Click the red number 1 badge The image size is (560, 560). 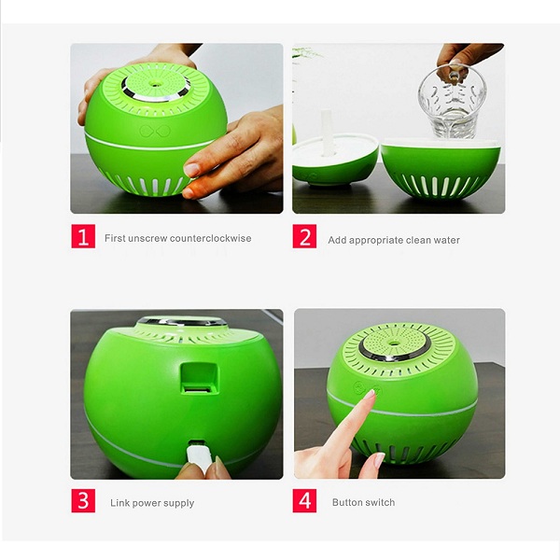(x=83, y=237)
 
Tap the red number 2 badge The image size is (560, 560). (x=304, y=237)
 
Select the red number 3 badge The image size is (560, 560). (x=83, y=501)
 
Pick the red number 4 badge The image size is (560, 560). (x=305, y=501)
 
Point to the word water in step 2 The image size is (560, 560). (x=445, y=240)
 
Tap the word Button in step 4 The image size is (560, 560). (x=347, y=503)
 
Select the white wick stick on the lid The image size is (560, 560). (x=328, y=125)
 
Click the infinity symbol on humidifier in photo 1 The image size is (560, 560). (x=152, y=132)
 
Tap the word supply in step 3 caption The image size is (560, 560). (x=177, y=503)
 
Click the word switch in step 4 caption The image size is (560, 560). (x=380, y=503)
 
